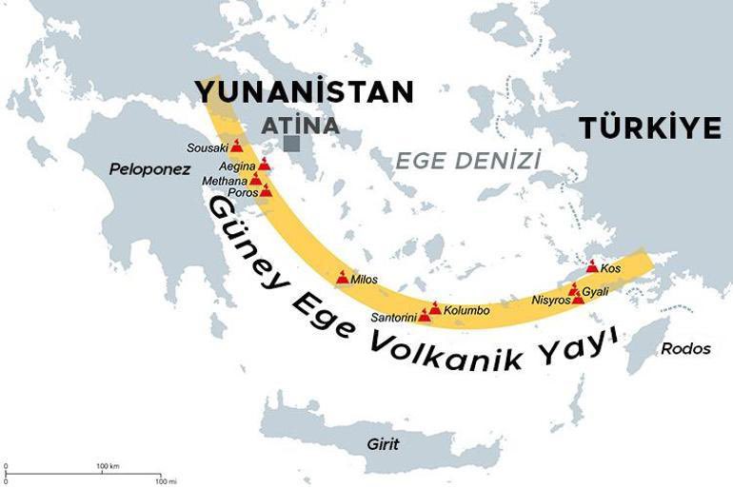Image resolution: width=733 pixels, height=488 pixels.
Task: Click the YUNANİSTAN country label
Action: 304,91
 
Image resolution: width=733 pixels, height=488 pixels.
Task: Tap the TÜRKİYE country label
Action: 650,128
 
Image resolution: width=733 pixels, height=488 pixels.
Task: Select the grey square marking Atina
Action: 292,144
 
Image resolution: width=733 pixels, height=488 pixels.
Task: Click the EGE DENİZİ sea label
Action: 467,160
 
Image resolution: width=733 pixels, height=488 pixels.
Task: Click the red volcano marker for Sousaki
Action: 236,146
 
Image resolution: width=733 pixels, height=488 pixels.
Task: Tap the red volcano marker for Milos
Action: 343,278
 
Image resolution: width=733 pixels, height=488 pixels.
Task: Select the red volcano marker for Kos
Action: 591,267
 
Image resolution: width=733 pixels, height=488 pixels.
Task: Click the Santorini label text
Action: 394,317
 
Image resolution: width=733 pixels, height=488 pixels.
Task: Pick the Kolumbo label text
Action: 466,310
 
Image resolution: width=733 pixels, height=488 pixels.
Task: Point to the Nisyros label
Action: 550,301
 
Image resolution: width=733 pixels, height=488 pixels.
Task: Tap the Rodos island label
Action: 685,348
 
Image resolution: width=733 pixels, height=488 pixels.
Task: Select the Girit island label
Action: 383,443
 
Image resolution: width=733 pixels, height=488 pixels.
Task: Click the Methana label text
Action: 225,180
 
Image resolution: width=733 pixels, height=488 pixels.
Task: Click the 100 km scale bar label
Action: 108,466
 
